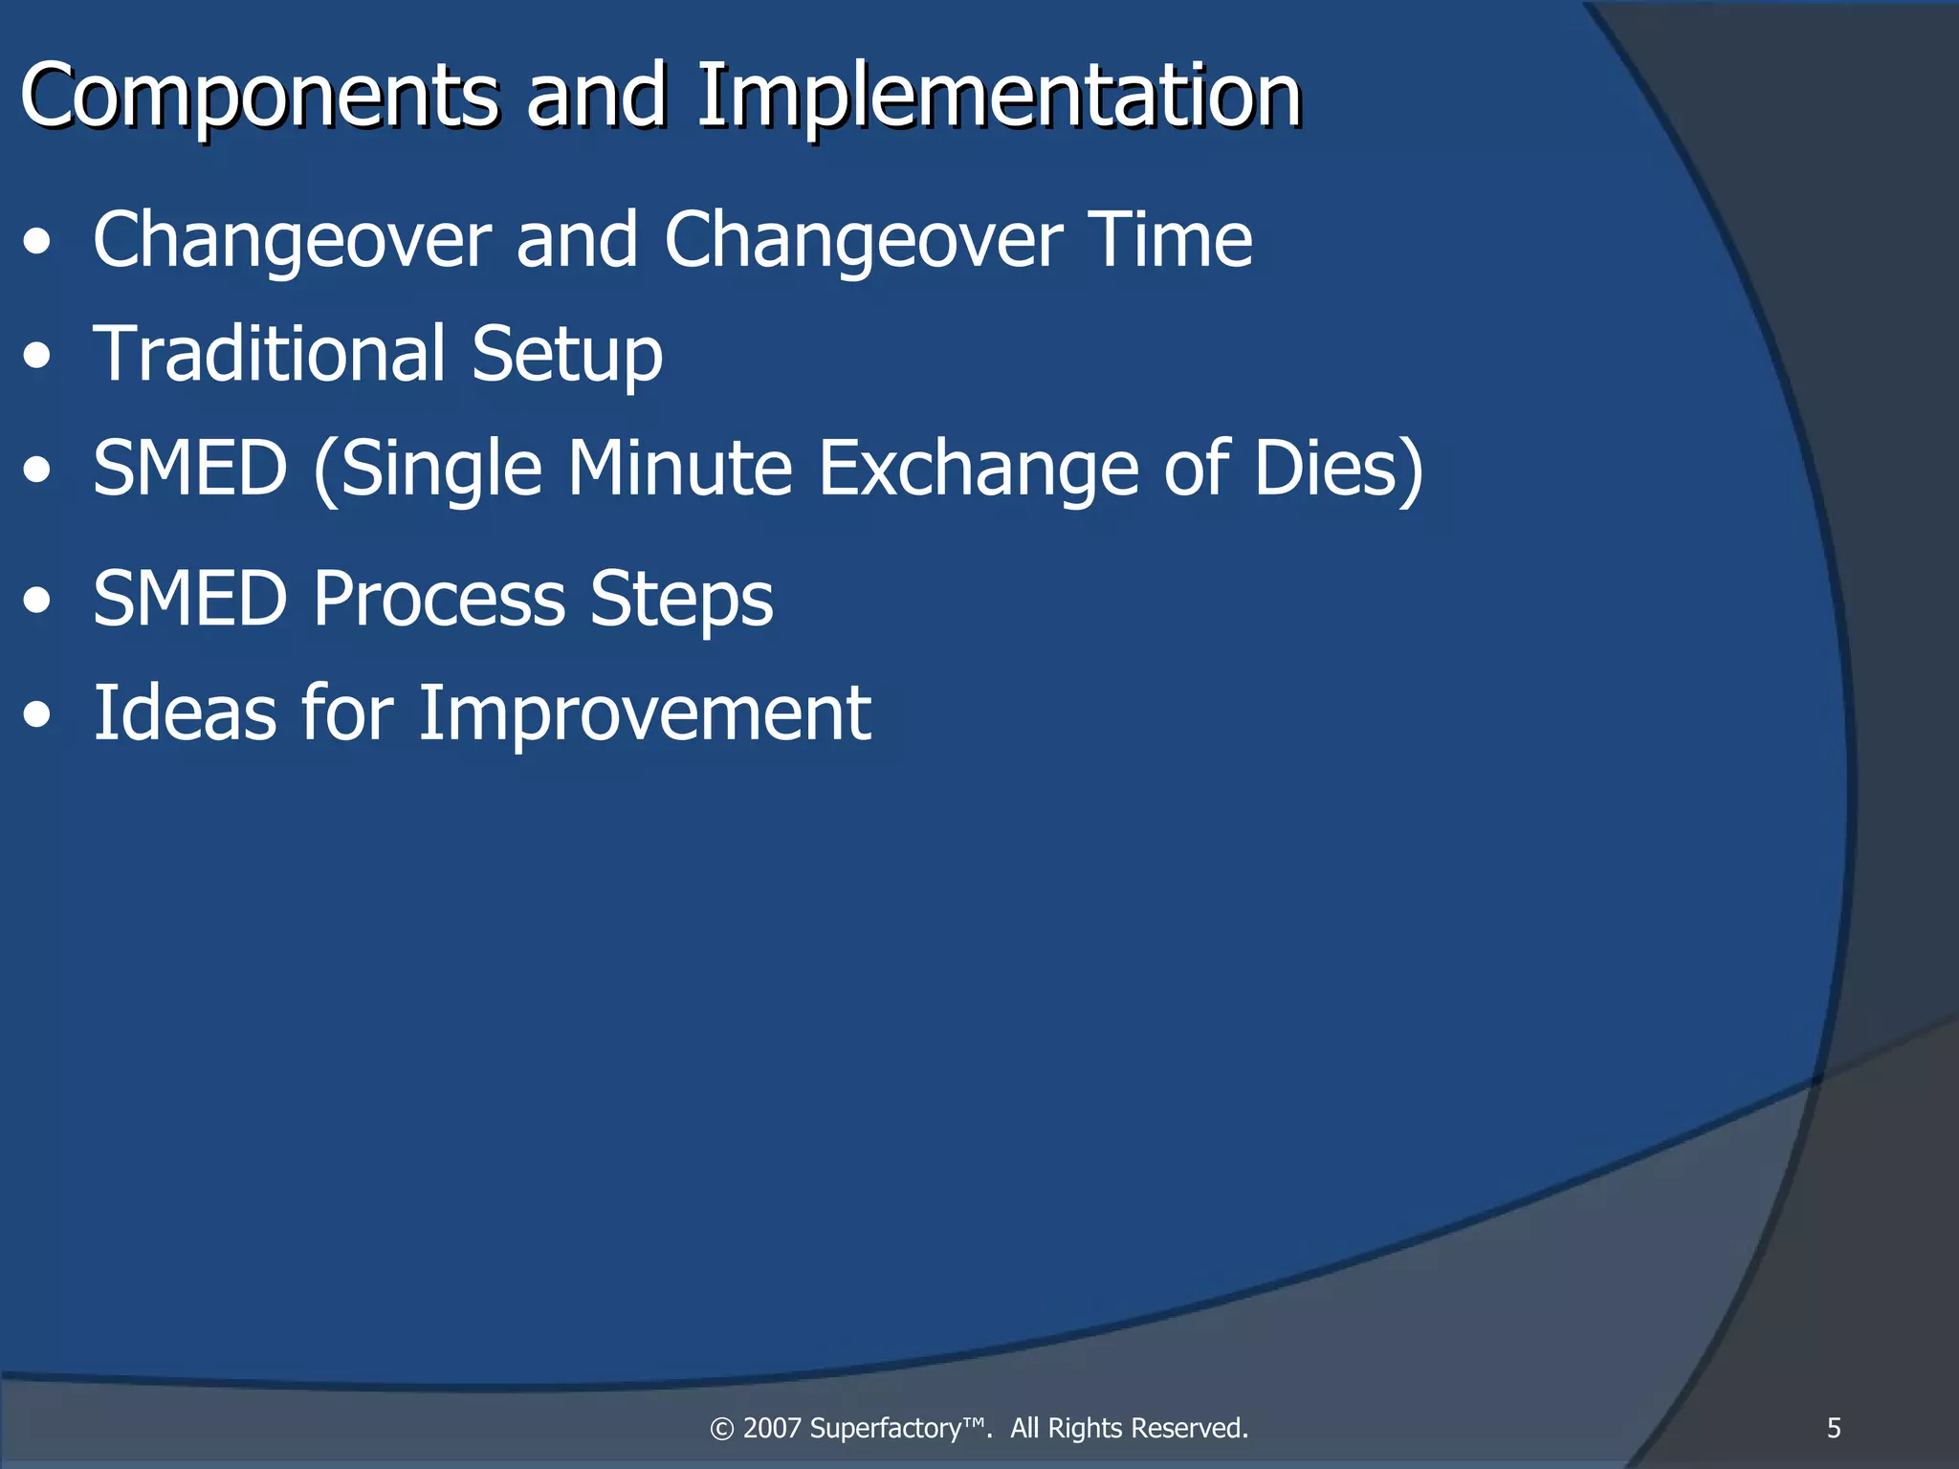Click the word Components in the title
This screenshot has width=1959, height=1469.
click(x=258, y=98)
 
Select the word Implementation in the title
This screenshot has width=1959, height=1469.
click(x=999, y=98)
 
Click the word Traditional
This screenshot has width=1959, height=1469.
click(x=269, y=354)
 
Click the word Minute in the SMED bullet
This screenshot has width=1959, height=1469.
click(x=679, y=469)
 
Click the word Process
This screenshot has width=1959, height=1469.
click(x=439, y=600)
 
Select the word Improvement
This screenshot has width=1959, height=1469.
click(x=644, y=713)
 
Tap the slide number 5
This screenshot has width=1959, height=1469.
click(x=1833, y=1428)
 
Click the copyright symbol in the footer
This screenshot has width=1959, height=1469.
click(x=721, y=1429)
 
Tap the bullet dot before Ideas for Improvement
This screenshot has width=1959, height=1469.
click(x=37, y=716)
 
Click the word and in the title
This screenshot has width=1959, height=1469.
click(x=596, y=98)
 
